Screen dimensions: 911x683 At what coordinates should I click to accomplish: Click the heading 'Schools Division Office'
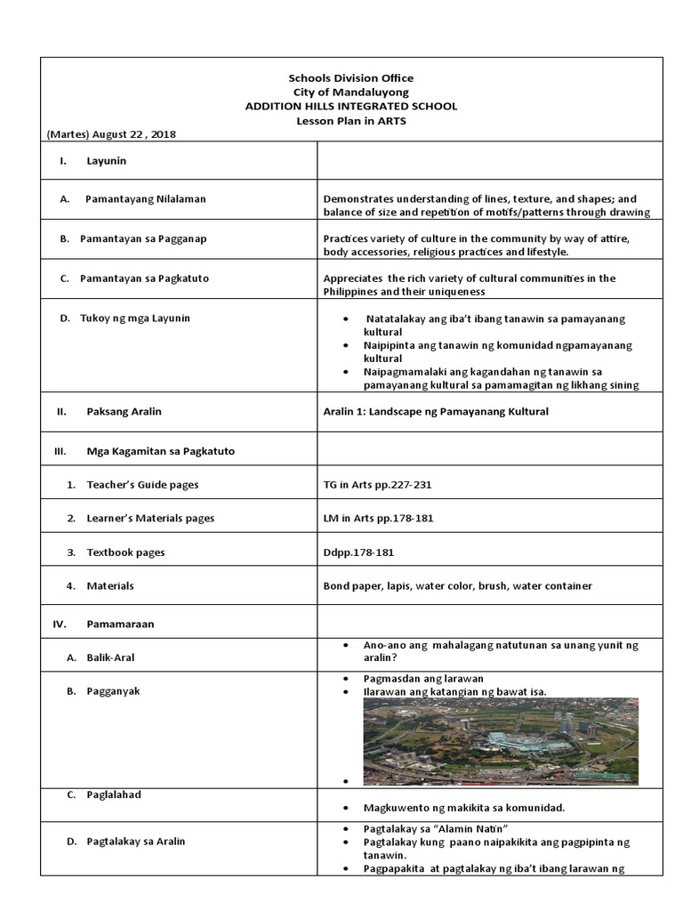(x=351, y=78)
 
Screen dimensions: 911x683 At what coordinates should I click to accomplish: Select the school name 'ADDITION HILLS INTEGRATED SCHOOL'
(x=351, y=106)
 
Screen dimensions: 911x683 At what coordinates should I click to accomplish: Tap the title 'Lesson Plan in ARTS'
(x=351, y=120)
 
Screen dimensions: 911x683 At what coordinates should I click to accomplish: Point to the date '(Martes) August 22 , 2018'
(x=111, y=133)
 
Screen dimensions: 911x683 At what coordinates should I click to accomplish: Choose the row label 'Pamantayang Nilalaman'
(x=145, y=198)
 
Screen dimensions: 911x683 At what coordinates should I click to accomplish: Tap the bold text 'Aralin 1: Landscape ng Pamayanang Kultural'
(x=436, y=411)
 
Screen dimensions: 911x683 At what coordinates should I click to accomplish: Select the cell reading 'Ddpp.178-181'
(x=358, y=552)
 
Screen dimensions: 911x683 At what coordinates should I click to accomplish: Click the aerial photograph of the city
(x=500, y=741)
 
